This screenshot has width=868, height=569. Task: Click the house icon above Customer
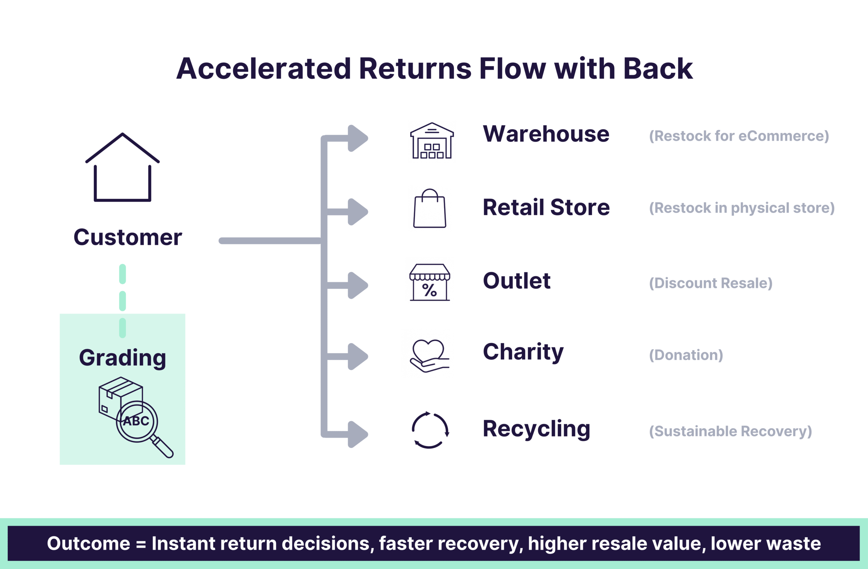pyautogui.click(x=122, y=168)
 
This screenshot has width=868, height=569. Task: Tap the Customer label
pyautogui.click(x=127, y=237)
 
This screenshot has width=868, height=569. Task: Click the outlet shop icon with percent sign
pyautogui.click(x=430, y=283)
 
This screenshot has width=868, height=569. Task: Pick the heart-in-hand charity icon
pyautogui.click(x=429, y=356)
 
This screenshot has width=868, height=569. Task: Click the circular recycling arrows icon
pyautogui.click(x=430, y=430)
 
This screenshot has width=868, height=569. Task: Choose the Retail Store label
pyautogui.click(x=546, y=208)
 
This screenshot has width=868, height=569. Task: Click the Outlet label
pyautogui.click(x=516, y=281)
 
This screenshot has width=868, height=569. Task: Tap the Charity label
pyautogui.click(x=523, y=352)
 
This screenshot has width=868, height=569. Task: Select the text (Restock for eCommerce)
pyautogui.click(x=739, y=136)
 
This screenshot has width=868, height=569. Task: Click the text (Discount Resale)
pyautogui.click(x=710, y=283)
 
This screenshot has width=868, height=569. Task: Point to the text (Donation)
pyautogui.click(x=686, y=355)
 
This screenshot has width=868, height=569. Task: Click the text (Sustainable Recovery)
pyautogui.click(x=730, y=431)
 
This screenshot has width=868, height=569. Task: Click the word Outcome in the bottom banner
pyautogui.click(x=88, y=544)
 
